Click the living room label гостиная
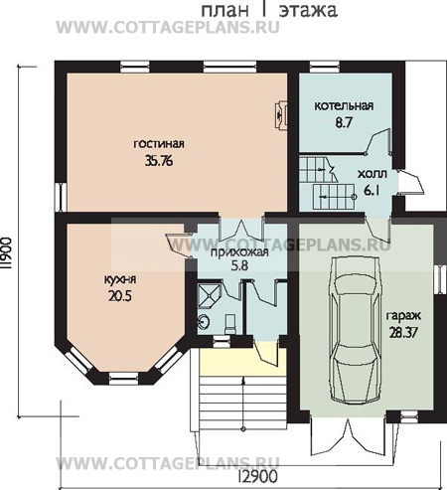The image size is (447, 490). click(159, 144)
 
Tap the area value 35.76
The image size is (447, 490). click(159, 161)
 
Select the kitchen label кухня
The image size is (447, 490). click(120, 279)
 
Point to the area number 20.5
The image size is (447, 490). click(120, 296)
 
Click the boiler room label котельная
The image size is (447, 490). click(344, 105)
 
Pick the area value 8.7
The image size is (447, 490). click(344, 123)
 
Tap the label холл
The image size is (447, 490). click(372, 174)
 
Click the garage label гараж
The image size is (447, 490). click(403, 316)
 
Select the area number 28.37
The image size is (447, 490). click(403, 332)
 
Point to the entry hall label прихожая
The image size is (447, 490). click(239, 252)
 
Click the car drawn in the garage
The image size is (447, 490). click(355, 330)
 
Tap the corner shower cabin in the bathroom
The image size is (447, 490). click(209, 294)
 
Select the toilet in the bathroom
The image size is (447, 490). click(230, 324)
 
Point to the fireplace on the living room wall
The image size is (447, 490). click(281, 115)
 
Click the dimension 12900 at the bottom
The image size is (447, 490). click(257, 477)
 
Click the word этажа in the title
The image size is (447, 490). click(308, 10)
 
